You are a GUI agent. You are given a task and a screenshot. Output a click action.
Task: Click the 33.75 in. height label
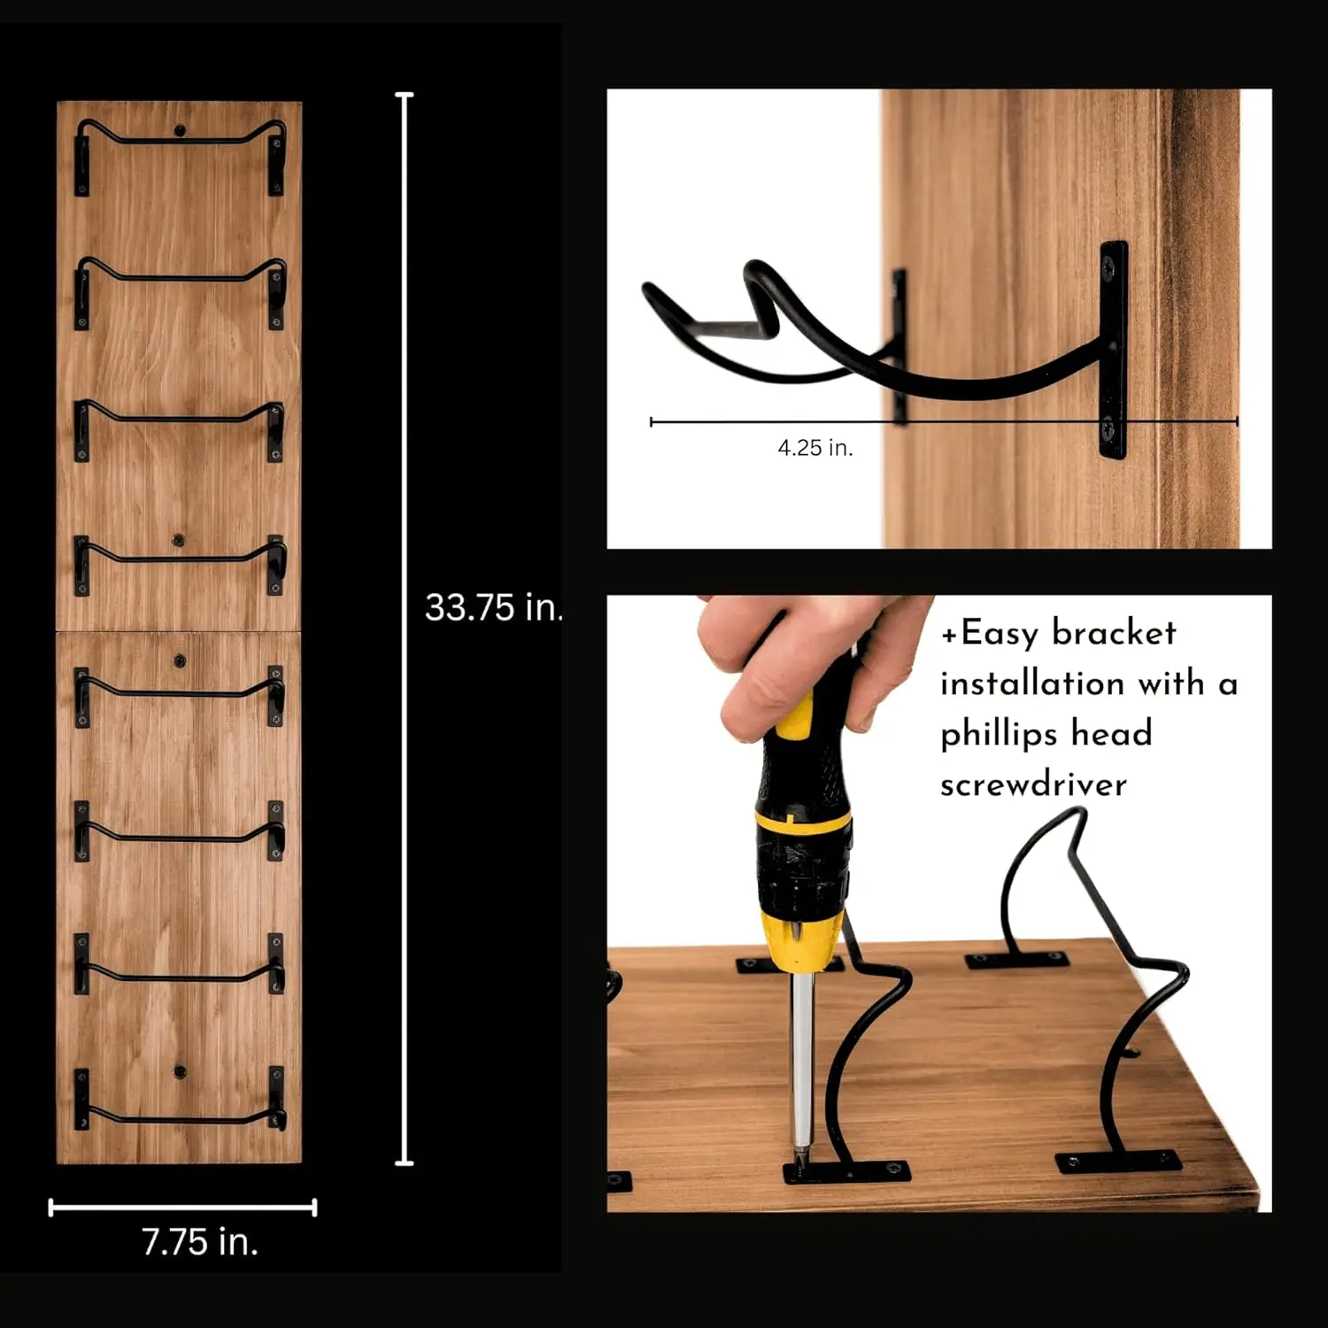pyautogui.click(x=493, y=607)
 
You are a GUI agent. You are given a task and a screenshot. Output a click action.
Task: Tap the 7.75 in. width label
pyautogui.click(x=200, y=1242)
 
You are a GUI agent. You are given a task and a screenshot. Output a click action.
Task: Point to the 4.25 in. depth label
pyautogui.click(x=815, y=448)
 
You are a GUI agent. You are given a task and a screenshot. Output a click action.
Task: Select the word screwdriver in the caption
pyautogui.click(x=1033, y=785)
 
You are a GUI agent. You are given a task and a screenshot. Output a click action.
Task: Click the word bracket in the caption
pyautogui.click(x=1114, y=633)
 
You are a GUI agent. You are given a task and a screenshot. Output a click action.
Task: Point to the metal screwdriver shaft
pyautogui.click(x=801, y=1062)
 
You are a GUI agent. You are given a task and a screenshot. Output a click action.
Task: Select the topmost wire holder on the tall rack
pyautogui.click(x=181, y=142)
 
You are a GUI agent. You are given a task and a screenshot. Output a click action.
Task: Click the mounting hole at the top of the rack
pyautogui.click(x=180, y=131)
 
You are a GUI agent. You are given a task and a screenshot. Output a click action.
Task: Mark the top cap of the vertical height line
pyautogui.click(x=405, y=95)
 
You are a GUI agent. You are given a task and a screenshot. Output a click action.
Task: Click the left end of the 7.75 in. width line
pyautogui.click(x=51, y=1207)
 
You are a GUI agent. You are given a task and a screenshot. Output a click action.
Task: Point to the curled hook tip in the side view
pyautogui.click(x=655, y=292)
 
